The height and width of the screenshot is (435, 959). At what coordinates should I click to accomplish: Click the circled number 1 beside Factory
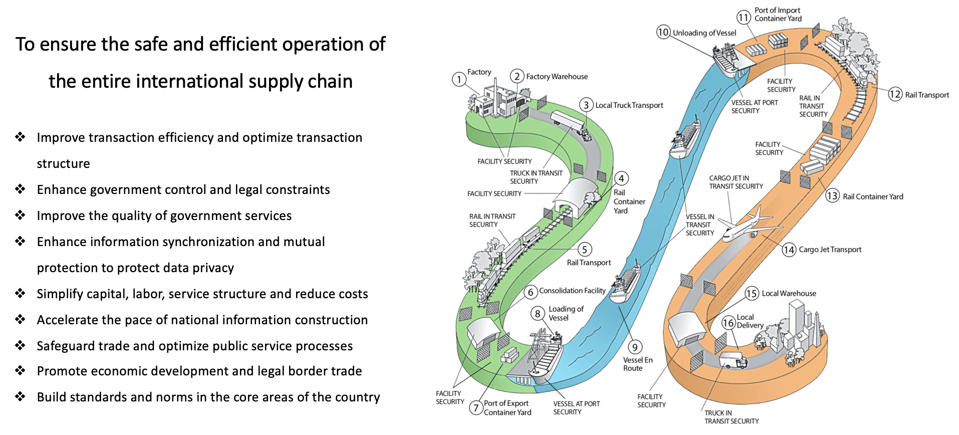click(x=459, y=79)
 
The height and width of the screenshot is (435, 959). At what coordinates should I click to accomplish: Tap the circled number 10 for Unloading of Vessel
click(x=663, y=32)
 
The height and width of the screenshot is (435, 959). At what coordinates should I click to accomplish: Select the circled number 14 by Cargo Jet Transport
click(x=789, y=250)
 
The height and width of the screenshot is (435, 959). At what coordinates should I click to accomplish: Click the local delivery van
click(x=733, y=360)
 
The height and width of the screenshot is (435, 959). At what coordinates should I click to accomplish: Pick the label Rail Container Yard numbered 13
click(x=873, y=196)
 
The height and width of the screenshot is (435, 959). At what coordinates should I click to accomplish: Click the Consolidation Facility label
click(x=572, y=291)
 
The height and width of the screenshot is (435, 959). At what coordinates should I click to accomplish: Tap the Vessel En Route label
click(x=637, y=364)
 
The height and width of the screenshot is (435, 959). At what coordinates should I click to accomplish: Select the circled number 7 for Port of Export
click(x=476, y=407)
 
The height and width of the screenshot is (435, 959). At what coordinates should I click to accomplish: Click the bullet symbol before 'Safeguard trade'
click(x=20, y=345)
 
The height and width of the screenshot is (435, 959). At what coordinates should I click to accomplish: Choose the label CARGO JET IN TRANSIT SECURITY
click(x=736, y=182)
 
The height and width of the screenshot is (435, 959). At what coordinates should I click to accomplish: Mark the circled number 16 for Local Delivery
click(x=728, y=322)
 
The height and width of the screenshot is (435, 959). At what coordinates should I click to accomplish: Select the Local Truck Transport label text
click(x=629, y=105)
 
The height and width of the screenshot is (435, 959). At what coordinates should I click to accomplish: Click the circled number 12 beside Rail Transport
click(x=895, y=94)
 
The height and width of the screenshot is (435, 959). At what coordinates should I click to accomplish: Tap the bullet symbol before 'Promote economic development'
click(x=20, y=370)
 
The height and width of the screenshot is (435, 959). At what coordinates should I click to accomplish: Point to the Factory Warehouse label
click(x=557, y=77)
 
